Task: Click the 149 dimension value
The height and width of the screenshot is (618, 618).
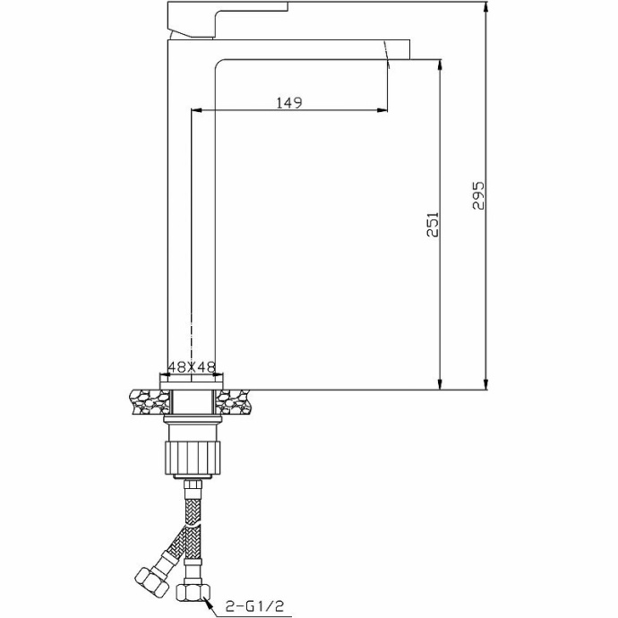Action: (289, 102)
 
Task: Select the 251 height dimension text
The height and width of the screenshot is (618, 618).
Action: (433, 224)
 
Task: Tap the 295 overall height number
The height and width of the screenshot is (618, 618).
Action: (478, 195)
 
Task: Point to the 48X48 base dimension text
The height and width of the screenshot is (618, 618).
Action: (192, 367)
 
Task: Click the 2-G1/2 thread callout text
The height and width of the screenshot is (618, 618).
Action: (254, 605)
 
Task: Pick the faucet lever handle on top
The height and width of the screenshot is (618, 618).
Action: (227, 20)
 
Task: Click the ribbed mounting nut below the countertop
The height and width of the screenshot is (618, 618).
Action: (192, 458)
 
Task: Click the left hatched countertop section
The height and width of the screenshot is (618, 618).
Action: (150, 402)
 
